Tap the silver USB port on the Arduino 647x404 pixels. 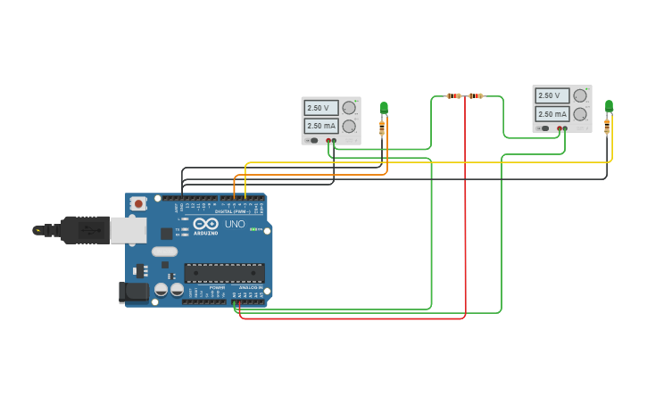[127, 230]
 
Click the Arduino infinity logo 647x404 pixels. [205, 223]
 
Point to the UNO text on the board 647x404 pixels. [235, 224]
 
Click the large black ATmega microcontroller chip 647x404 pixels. [224, 273]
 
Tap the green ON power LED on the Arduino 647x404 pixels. [253, 230]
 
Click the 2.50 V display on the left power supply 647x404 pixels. [320, 108]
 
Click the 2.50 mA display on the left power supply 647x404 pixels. [320, 126]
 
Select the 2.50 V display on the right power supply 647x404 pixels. [552, 95]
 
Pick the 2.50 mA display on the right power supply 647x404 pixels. [552, 114]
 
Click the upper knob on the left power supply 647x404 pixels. [348, 107]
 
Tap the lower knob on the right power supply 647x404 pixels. [580, 114]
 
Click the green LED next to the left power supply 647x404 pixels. [384, 108]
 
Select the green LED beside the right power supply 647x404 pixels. [609, 105]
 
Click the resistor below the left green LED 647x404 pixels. [382, 128]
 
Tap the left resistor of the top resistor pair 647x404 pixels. [454, 95]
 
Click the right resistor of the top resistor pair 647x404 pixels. [476, 95]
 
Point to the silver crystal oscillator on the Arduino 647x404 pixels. [164, 251]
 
